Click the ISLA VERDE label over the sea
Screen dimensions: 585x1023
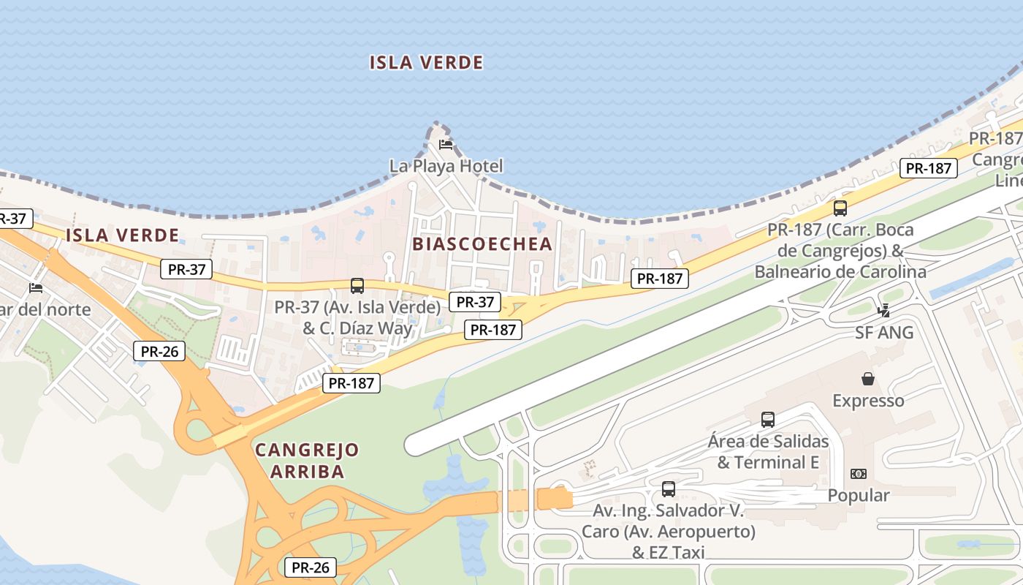(x=426, y=63)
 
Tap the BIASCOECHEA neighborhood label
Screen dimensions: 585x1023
(x=482, y=244)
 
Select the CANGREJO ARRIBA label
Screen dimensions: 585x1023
(x=307, y=461)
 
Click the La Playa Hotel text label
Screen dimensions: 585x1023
(x=446, y=166)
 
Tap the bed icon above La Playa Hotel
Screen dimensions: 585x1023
(x=446, y=144)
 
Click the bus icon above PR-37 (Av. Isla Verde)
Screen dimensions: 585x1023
(x=357, y=286)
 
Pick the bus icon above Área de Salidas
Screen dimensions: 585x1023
(x=768, y=420)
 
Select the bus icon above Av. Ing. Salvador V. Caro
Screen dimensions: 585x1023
(x=669, y=489)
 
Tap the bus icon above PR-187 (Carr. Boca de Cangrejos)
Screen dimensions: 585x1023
(x=840, y=208)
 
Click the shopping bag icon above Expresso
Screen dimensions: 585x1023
(x=868, y=379)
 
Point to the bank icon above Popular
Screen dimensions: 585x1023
(x=859, y=474)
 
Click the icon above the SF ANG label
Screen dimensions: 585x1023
(x=884, y=311)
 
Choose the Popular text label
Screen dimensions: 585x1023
(x=859, y=496)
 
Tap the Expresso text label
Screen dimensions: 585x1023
(x=868, y=401)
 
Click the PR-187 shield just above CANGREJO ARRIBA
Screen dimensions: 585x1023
(x=351, y=382)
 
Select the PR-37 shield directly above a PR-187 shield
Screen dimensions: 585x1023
(x=475, y=301)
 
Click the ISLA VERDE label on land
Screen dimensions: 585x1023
(x=122, y=235)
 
